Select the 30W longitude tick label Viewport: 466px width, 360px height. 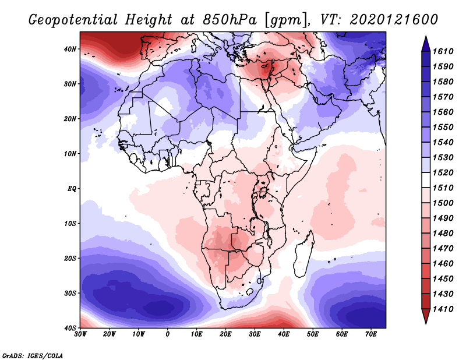point(80,334)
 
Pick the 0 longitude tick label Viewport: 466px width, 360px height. point(168,334)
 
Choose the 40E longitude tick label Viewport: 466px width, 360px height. point(284,334)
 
